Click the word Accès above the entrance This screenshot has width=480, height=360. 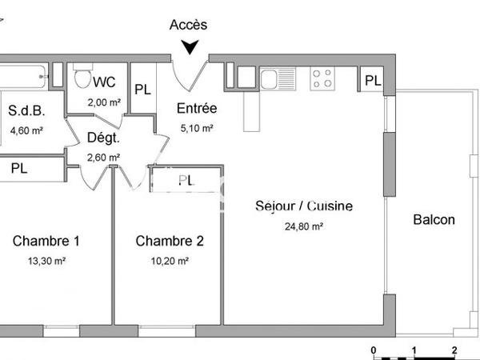click(189, 25)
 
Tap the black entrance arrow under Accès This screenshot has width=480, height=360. click(190, 48)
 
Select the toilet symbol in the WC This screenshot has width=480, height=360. click(81, 78)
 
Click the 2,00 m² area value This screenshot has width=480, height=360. click(104, 102)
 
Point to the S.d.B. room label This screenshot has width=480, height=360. click(26, 111)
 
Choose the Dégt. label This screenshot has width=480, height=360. click(103, 138)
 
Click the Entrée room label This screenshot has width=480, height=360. click(196, 109)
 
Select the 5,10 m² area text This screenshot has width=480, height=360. click(196, 128)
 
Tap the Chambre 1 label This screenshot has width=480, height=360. click(46, 241)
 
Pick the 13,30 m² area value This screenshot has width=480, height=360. click(46, 261)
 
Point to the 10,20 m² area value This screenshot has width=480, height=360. click(170, 261)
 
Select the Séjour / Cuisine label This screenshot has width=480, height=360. click(303, 206)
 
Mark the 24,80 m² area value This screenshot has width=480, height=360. click(303, 226)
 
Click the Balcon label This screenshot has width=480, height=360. click(434, 220)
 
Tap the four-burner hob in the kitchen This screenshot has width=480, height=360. click(322, 78)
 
